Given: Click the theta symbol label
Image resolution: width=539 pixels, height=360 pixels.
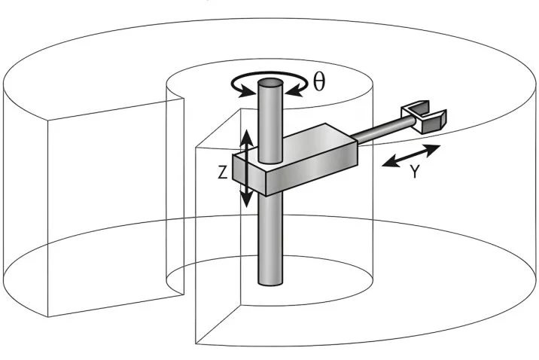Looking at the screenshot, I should [319, 82].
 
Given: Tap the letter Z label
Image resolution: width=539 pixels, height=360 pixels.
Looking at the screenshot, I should [222, 172].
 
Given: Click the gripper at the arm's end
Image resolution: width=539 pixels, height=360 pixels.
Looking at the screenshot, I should [427, 117].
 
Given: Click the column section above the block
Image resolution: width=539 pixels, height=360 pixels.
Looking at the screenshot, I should [269, 121].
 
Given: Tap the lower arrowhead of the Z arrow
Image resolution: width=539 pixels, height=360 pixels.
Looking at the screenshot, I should [245, 201].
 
